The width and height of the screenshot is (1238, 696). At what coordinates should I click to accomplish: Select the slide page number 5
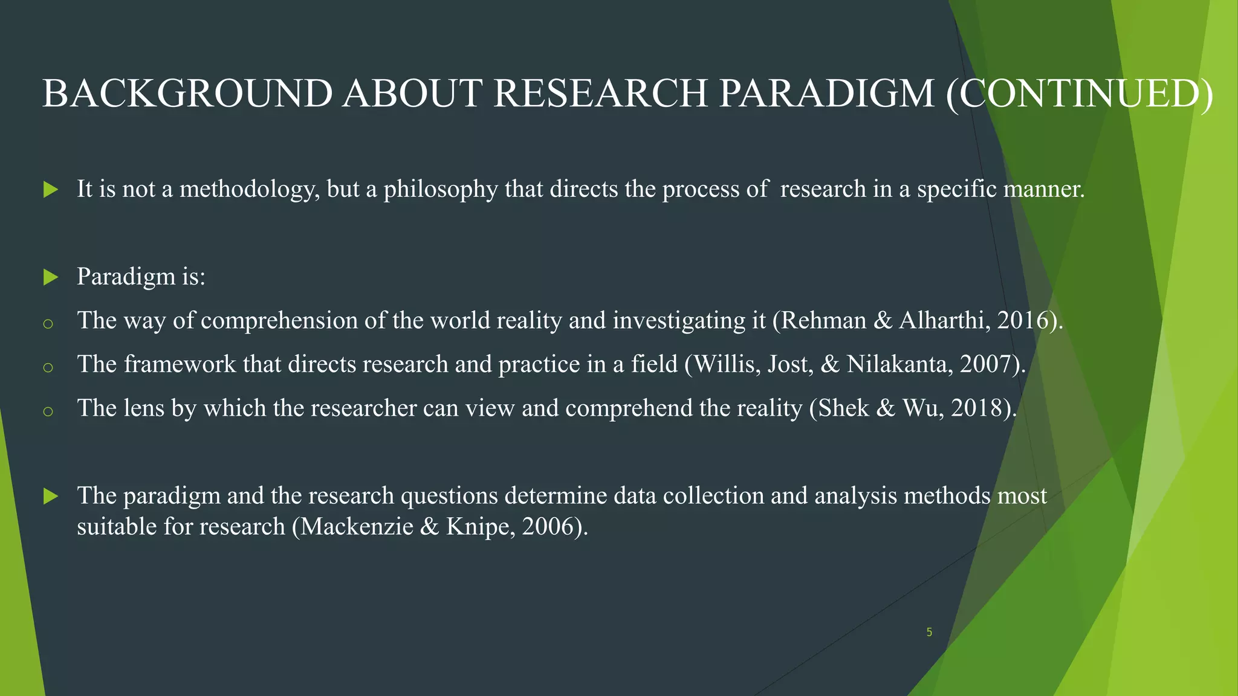(929, 633)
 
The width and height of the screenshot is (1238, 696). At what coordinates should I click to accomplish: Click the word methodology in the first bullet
(250, 190)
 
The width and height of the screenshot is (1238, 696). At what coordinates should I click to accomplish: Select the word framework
(180, 364)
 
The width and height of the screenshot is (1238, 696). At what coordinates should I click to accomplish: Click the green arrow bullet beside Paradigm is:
(51, 278)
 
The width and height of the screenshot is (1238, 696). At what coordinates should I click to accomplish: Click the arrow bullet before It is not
(51, 190)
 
